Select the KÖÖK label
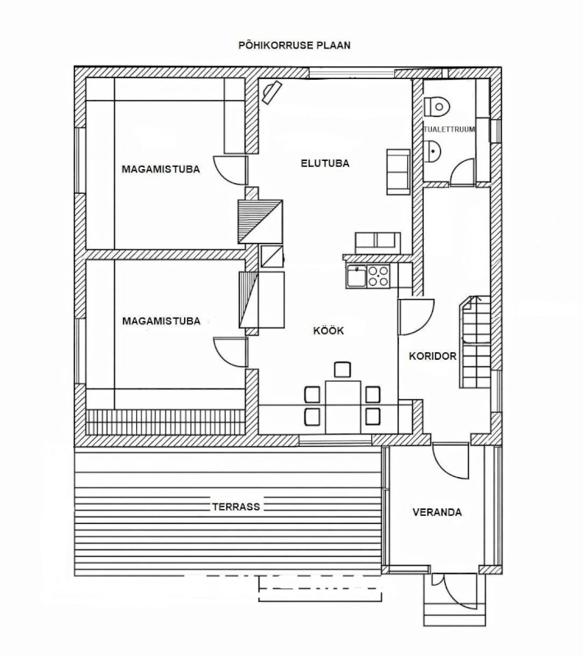[328, 330]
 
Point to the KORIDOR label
[432, 356]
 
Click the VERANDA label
[436, 512]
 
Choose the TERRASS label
[235, 507]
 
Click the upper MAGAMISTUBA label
[161, 170]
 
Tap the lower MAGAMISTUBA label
[161, 321]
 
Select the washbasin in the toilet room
[434, 149]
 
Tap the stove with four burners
[379, 276]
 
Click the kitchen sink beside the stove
[356, 276]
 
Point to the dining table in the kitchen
[343, 405]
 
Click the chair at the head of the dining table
[342, 370]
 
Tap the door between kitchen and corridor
[415, 317]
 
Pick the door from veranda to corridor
[450, 460]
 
